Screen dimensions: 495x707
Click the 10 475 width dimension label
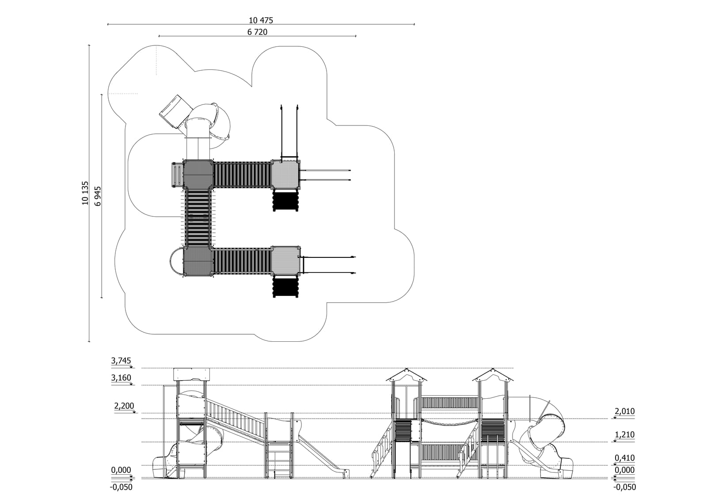261,20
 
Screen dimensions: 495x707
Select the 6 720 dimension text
257,32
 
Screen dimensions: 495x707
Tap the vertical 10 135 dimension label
85,193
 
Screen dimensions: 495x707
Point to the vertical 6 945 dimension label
98,196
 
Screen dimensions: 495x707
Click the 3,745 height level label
121,361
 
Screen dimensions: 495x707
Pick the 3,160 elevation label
121,378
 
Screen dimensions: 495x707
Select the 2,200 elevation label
124,406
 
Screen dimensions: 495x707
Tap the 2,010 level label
624,411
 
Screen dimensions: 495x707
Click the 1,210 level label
624,435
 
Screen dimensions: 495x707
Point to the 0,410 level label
624,458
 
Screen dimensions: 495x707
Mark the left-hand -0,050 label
121,487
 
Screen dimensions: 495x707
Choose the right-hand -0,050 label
624,487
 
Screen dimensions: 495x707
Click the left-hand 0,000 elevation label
121,470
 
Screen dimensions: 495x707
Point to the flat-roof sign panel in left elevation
191,374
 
